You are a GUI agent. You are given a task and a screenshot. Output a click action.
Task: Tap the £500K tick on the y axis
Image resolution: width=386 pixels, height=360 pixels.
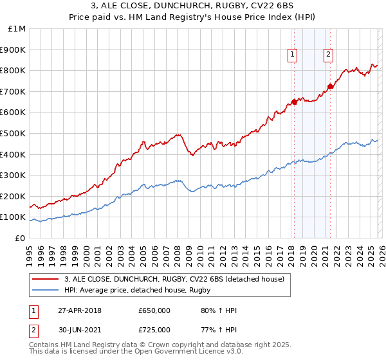pos(14,133)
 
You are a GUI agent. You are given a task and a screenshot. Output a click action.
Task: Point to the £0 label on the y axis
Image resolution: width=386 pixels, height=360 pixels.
pos(19,238)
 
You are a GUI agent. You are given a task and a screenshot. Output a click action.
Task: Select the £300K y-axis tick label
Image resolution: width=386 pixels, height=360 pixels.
pos(14,175)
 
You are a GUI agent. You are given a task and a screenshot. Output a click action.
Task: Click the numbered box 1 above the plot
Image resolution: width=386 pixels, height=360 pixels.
pos(293,55)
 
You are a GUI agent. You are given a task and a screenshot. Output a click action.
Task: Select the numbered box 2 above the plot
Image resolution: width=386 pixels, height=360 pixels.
pos(328,55)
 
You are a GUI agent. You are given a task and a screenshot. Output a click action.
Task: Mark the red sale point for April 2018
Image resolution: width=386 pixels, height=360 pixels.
pos(294,102)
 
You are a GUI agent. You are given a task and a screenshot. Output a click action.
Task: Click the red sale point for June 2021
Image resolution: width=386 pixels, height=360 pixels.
pos(330,85)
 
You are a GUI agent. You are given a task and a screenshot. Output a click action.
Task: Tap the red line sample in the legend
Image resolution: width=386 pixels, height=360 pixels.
pos(46,278)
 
